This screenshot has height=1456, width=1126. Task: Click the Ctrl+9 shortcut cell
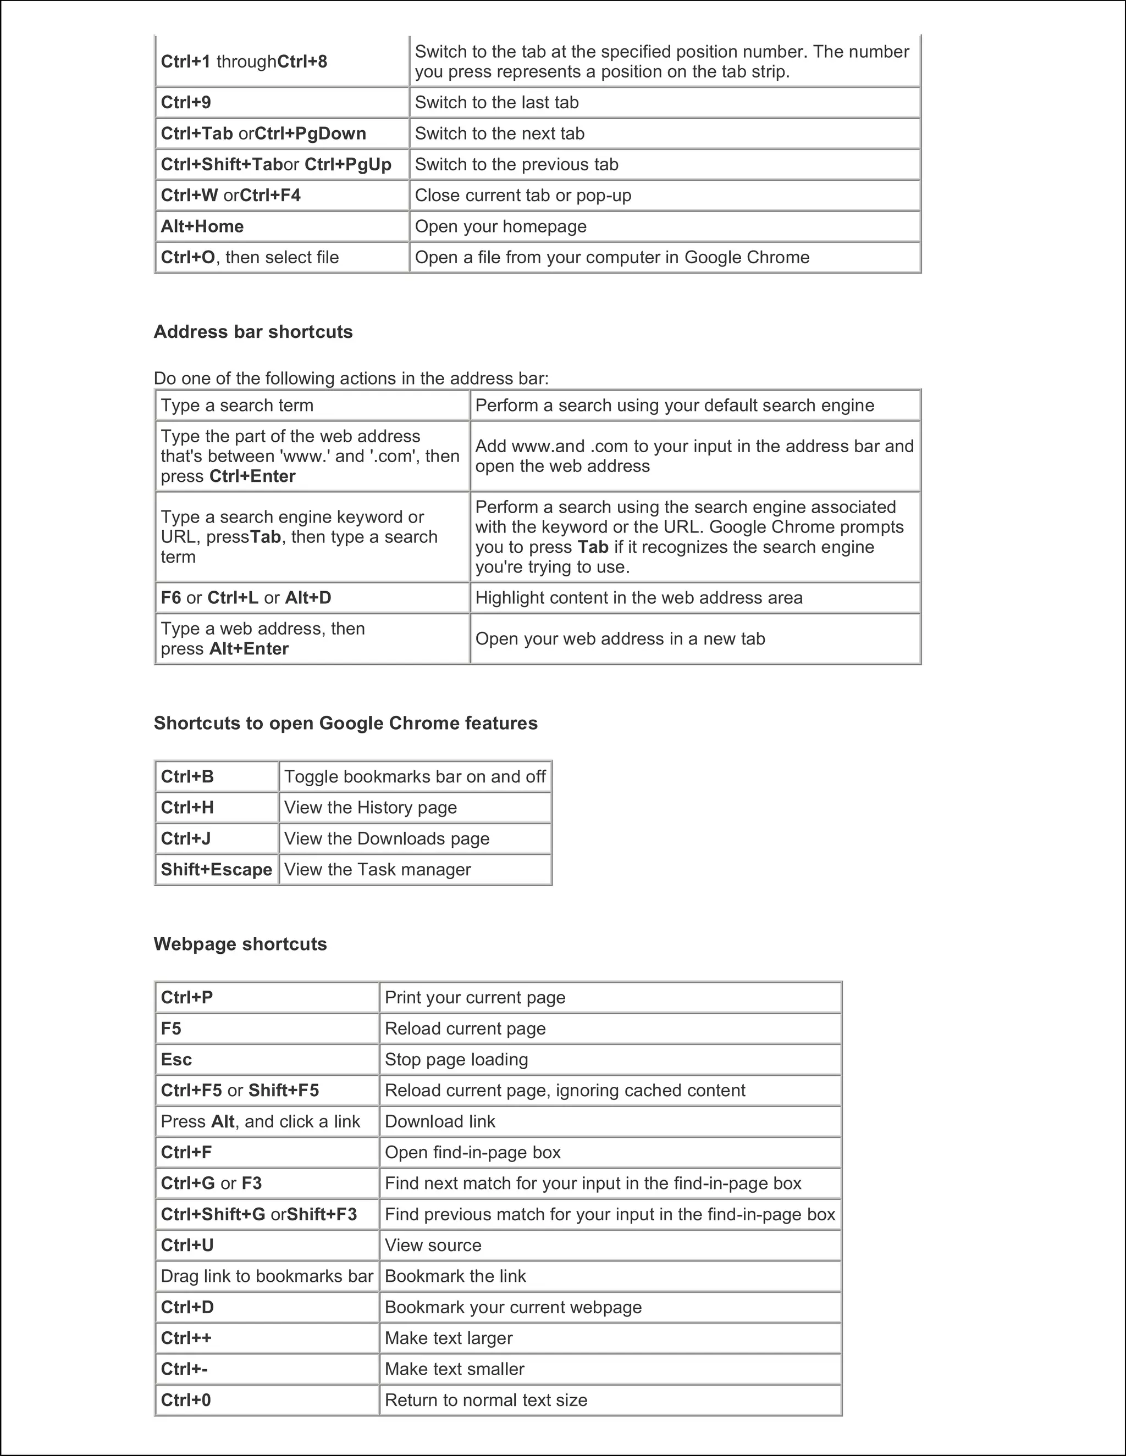tap(186, 103)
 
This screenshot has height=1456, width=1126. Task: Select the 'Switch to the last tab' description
tap(496, 103)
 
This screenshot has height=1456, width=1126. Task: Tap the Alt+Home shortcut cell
tap(202, 227)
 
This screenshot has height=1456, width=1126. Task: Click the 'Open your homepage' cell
tap(500, 227)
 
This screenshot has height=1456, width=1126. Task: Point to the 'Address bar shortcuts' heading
tap(253, 332)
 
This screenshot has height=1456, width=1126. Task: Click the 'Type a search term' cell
tap(237, 405)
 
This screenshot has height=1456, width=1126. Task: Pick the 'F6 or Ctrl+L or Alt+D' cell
tap(245, 598)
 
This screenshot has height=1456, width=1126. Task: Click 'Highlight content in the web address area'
tap(638, 598)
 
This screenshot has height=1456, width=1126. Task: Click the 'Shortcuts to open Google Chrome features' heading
tap(345, 724)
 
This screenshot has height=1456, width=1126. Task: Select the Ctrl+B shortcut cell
tap(187, 777)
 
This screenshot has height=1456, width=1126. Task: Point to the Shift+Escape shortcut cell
tap(216, 870)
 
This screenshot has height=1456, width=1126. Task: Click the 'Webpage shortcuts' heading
tap(240, 944)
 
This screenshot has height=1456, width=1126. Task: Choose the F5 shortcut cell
tap(172, 1029)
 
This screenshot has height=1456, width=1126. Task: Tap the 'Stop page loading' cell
tap(456, 1059)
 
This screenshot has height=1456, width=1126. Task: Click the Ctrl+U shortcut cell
tap(187, 1246)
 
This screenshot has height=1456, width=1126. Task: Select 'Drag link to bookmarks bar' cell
tap(267, 1276)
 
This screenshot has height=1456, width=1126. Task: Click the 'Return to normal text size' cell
tap(485, 1400)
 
